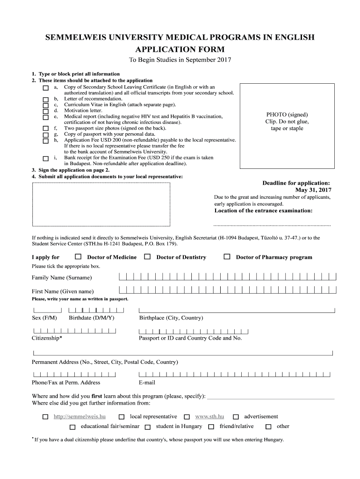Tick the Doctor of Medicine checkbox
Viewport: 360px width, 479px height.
[78, 256]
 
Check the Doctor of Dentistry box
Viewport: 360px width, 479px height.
[147, 256]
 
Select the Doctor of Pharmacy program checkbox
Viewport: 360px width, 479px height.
[227, 256]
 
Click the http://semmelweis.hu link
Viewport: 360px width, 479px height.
[79, 416]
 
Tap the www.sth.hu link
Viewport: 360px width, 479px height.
[209, 416]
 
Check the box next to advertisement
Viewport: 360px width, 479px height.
[236, 417]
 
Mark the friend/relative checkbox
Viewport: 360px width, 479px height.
[211, 427]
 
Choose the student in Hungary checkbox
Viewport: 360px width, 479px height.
[148, 427]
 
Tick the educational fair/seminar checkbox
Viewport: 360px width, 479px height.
[72, 427]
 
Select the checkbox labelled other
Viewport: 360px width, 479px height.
[268, 427]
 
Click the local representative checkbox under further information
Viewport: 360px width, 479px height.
[122, 417]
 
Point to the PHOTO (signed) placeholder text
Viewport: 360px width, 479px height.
[287, 115]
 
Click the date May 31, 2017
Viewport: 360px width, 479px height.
[313, 190]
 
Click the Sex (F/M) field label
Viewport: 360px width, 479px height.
[44, 318]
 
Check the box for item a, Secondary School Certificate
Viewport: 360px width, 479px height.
[45, 88]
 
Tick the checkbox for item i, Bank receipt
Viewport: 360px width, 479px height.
[45, 158]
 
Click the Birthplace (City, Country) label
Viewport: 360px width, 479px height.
[171, 318]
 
